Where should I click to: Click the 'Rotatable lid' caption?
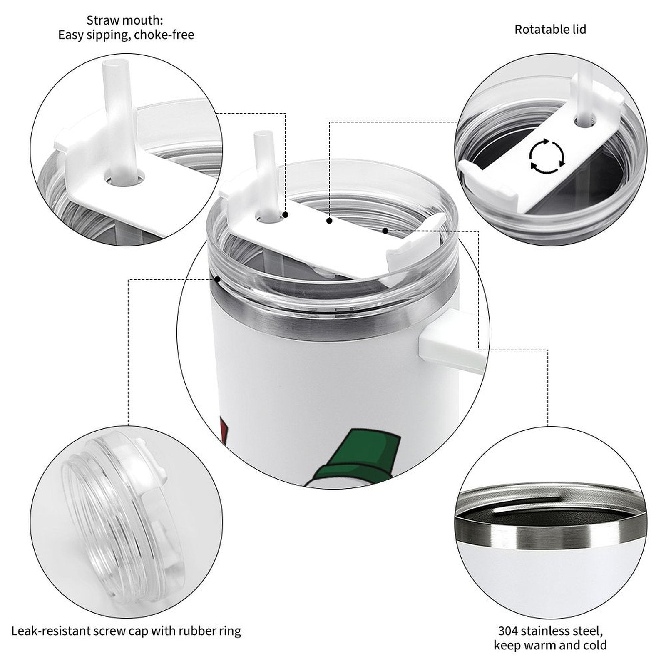coord(550,30)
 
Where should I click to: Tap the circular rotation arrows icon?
coord(547,157)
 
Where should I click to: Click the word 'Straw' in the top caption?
coord(102,20)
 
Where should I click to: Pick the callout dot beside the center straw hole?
coord(286,215)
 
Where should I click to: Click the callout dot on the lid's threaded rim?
coord(217,279)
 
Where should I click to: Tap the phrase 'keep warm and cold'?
coord(550,646)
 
